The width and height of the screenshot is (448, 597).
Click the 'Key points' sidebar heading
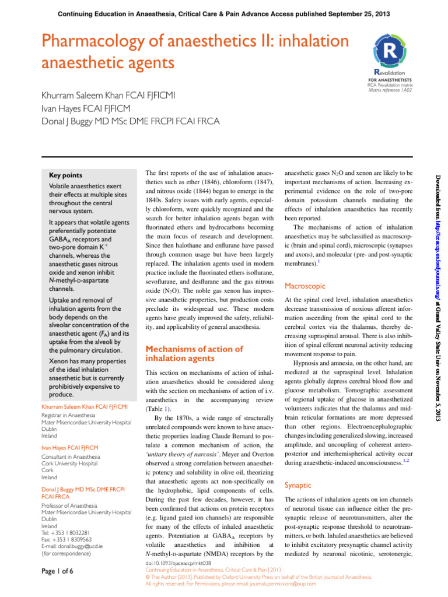[66, 175]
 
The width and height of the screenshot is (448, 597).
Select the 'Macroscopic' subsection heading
[305, 286]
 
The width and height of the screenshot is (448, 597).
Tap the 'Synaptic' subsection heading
[297, 484]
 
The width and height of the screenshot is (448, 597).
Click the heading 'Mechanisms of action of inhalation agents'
[193, 354]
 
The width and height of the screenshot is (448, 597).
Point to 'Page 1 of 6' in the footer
[61, 572]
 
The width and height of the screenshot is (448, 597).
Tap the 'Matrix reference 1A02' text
[390, 92]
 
